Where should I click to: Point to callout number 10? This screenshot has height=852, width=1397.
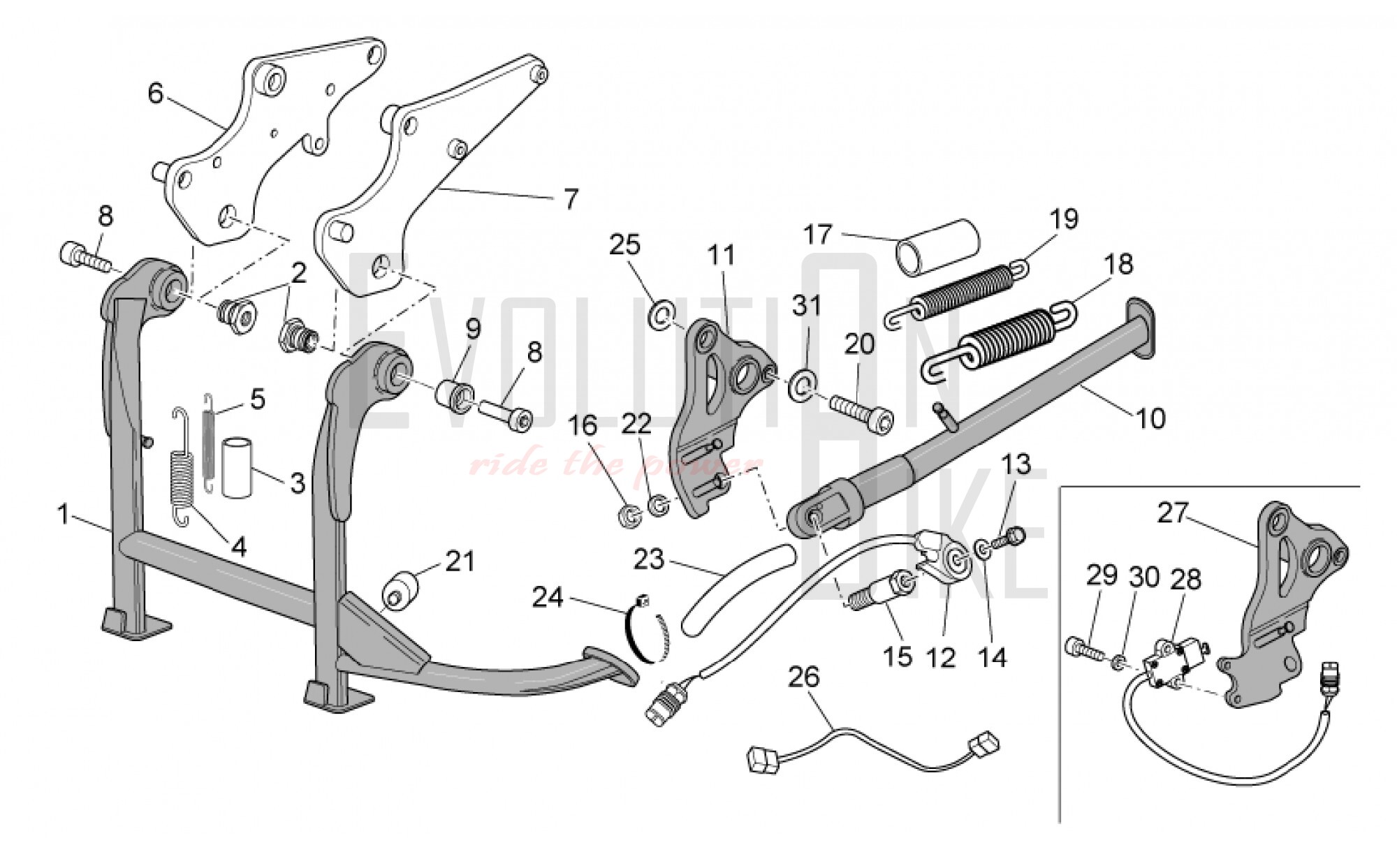[x=1150, y=418]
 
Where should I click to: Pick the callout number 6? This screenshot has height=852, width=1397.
[x=155, y=93]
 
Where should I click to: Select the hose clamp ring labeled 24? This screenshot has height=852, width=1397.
[x=645, y=631]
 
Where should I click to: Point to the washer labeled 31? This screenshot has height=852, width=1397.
[x=800, y=386]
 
